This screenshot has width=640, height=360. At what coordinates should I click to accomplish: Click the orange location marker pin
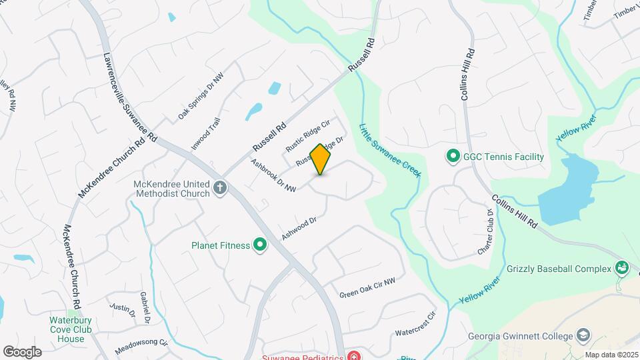click(x=321, y=159)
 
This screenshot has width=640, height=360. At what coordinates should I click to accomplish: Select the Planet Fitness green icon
click(x=259, y=245)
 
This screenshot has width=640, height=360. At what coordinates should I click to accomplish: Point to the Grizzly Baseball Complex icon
click(x=622, y=269)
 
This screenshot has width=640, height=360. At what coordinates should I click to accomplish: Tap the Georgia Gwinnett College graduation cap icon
click(x=583, y=335)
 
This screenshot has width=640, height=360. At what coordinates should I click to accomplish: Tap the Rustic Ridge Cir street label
click(x=308, y=135)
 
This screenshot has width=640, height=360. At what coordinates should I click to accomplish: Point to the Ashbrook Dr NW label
click(x=273, y=175)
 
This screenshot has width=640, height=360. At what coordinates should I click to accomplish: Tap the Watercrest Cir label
click(x=415, y=323)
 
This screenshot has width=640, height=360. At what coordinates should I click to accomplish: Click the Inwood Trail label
click(x=206, y=133)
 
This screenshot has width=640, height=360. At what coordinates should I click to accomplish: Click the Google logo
click(x=22, y=352)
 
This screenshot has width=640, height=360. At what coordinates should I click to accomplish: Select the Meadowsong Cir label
click(x=140, y=348)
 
